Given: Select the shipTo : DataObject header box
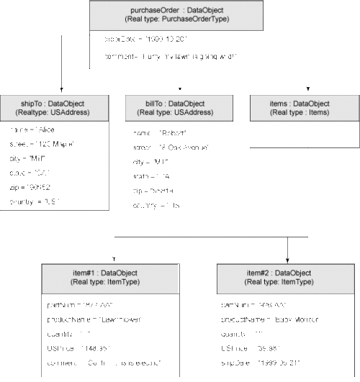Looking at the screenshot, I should [x=55, y=108].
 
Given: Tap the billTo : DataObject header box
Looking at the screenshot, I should [x=179, y=108].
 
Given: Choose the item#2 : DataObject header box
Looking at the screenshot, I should [x=287, y=278].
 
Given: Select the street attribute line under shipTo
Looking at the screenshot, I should [x=42, y=144].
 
